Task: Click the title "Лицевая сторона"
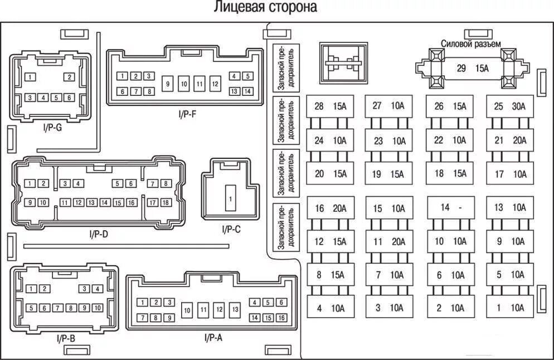click(265, 8)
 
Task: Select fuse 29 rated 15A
click(472, 69)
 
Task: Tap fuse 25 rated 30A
click(509, 106)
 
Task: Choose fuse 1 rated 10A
click(509, 307)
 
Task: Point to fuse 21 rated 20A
click(509, 140)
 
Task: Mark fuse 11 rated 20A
click(389, 242)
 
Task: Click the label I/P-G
click(52, 127)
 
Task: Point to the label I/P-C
click(231, 228)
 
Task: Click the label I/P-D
click(98, 235)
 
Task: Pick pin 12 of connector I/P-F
click(215, 84)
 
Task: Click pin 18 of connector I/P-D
click(166, 203)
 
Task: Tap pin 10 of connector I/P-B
click(98, 308)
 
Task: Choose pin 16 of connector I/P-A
click(281, 318)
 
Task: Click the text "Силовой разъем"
click(470, 43)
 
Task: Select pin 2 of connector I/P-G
click(69, 77)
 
